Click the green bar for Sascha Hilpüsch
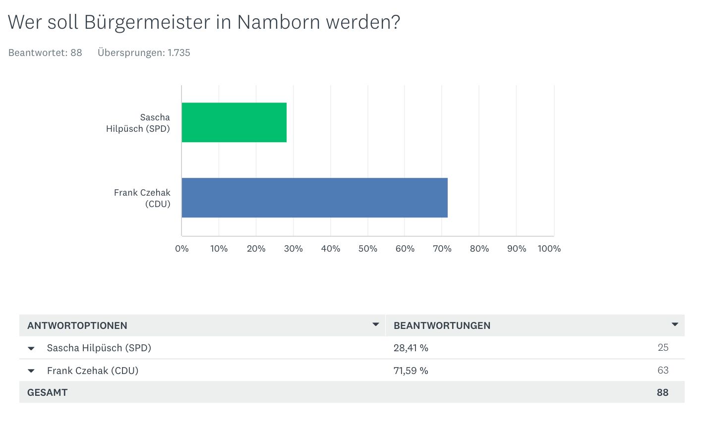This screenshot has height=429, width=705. click(x=234, y=122)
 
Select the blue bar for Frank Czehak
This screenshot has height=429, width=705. click(x=314, y=198)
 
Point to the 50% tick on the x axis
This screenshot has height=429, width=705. click(x=367, y=249)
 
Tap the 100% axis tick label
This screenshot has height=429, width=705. click(x=549, y=249)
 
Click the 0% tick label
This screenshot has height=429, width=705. click(x=182, y=249)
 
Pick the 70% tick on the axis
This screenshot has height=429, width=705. click(x=442, y=249)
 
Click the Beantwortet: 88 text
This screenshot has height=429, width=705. click(x=45, y=53)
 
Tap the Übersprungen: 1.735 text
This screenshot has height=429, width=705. click(x=144, y=53)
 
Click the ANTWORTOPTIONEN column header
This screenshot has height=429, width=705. click(x=77, y=325)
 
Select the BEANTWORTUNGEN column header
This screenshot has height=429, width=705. click(x=442, y=325)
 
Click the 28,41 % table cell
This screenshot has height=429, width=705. click(x=411, y=348)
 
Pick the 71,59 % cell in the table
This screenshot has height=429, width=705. click(x=411, y=371)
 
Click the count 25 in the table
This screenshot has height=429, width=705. click(x=663, y=348)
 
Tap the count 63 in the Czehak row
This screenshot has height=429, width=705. click(x=663, y=371)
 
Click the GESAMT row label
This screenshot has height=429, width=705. click(x=48, y=392)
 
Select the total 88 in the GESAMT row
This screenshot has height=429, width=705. click(x=662, y=392)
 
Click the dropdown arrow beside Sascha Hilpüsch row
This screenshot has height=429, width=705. click(x=31, y=348)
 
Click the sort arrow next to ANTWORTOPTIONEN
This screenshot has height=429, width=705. click(x=376, y=324)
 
